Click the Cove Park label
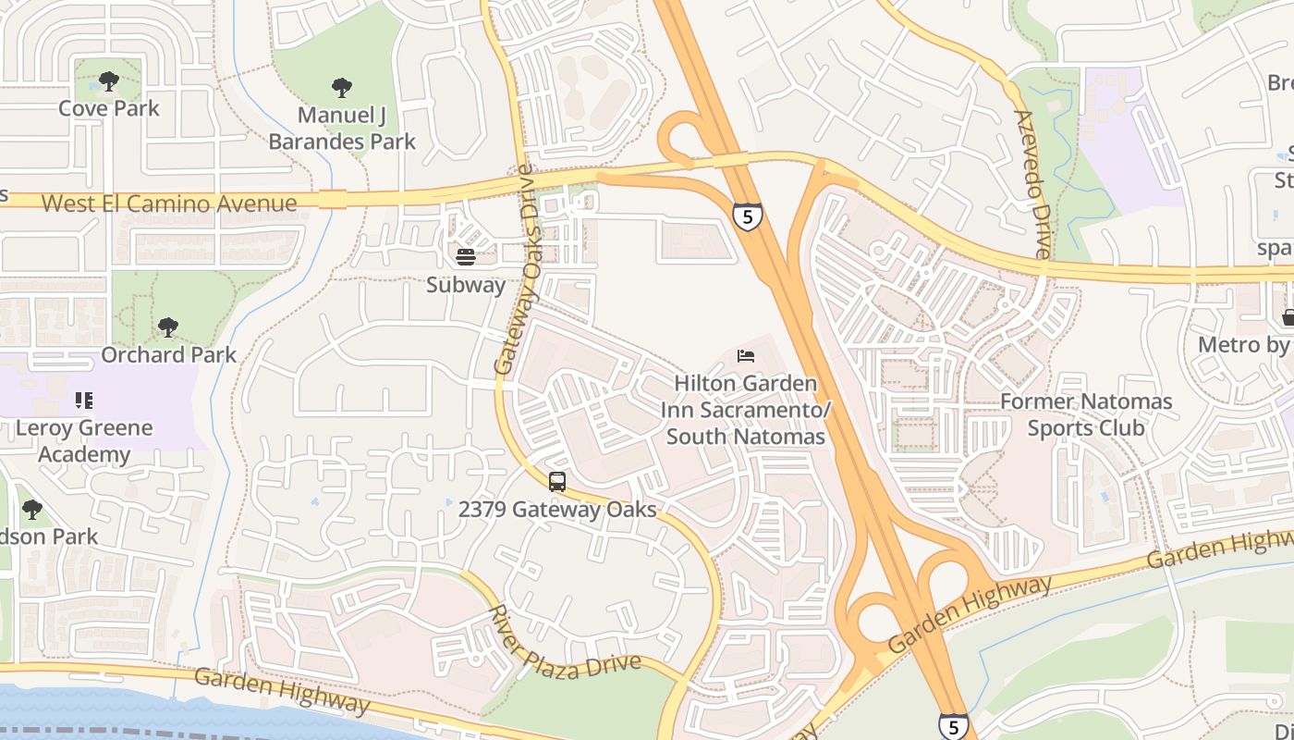[109, 108]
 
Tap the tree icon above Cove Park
[109, 81]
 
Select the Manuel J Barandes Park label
[342, 129]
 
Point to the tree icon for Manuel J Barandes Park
[342, 88]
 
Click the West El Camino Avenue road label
[169, 203]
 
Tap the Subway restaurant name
[466, 285]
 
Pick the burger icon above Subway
[466, 256]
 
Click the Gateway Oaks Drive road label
[515, 270]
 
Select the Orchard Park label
[168, 354]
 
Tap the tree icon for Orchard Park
[167, 327]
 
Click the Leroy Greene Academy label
[84, 441]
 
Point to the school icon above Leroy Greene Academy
[84, 401]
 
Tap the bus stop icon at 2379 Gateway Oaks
[557, 482]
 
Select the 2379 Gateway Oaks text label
[557, 510]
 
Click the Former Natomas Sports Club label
[1086, 414]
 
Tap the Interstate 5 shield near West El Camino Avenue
[747, 216]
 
